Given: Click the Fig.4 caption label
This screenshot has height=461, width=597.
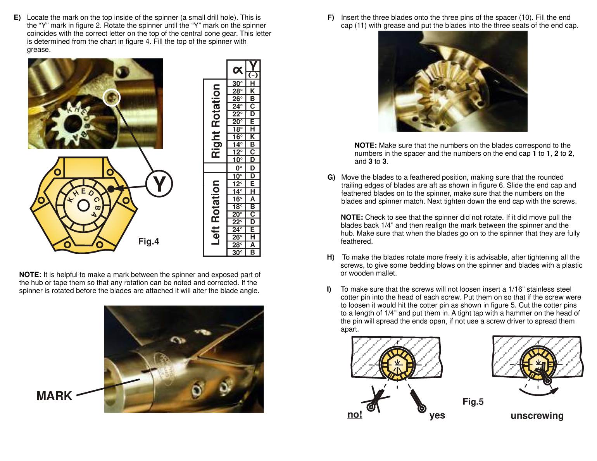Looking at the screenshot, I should pyautogui.click(x=148, y=242).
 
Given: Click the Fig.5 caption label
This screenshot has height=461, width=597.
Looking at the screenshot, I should pyautogui.click(x=473, y=402).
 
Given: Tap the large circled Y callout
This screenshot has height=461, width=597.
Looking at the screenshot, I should pyautogui.click(x=159, y=184).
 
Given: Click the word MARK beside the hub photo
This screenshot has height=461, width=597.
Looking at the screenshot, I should pyautogui.click(x=54, y=396).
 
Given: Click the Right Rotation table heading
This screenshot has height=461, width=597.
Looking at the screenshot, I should pyautogui.click(x=216, y=121).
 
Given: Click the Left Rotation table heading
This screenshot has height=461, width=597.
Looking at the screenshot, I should pyautogui.click(x=216, y=212).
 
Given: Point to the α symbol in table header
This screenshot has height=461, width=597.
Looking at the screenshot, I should pyautogui.click(x=237, y=70).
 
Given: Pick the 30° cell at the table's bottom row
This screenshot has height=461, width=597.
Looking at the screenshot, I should pyautogui.click(x=237, y=253).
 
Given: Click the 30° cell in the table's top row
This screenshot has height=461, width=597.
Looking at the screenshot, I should pyautogui.click(x=237, y=84).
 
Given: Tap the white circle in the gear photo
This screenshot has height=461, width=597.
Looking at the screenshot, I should pyautogui.click(x=112, y=97).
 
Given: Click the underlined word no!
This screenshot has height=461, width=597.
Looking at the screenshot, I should pyautogui.click(x=355, y=415).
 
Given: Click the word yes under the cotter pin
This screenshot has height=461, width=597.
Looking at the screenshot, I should pyautogui.click(x=437, y=416).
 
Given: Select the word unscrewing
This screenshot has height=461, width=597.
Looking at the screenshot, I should pyautogui.click(x=537, y=416).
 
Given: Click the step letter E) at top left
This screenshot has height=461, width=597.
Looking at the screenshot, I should pyautogui.click(x=17, y=17).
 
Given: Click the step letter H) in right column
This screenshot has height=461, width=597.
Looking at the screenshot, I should pyautogui.click(x=331, y=257).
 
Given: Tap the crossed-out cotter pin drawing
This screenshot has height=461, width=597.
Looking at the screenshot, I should pyautogui.click(x=374, y=399).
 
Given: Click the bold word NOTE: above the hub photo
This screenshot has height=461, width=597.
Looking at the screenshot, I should pyautogui.click(x=30, y=275).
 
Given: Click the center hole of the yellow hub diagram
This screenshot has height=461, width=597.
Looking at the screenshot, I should pyautogui.click(x=83, y=205).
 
